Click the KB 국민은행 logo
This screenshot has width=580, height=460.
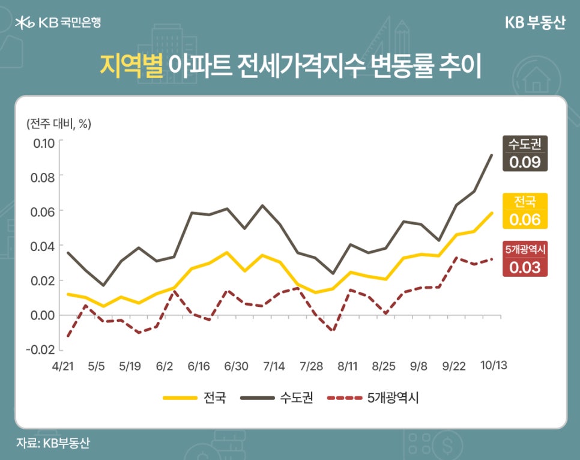(58, 23)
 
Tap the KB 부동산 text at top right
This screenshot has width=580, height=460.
(535, 23)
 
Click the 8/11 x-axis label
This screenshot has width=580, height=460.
(349, 366)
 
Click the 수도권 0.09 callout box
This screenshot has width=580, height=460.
(525, 154)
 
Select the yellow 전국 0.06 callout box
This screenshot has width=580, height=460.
(525, 211)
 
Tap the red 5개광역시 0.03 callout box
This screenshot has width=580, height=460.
(525, 258)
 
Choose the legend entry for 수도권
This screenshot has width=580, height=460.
(276, 398)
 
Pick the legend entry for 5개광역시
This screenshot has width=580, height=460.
(372, 398)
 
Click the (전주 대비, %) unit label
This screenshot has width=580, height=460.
(58, 124)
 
